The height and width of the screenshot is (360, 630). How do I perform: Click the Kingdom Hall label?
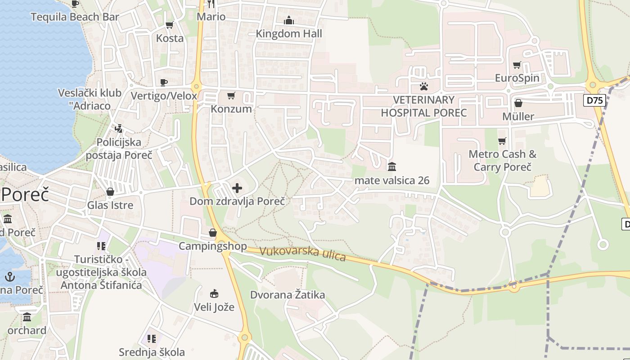[289, 33]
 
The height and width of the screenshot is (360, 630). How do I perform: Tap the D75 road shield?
[595, 100]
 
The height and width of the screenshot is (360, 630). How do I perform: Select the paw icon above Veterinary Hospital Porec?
[423, 86]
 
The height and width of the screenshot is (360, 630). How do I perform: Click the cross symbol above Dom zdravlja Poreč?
[237, 188]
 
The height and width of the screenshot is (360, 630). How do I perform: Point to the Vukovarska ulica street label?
[302, 254]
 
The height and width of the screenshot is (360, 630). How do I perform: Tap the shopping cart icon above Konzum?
[231, 95]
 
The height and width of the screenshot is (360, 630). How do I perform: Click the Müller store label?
[518, 117]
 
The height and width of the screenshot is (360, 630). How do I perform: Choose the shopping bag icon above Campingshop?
[213, 233]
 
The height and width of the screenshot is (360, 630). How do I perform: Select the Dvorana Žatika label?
[288, 295]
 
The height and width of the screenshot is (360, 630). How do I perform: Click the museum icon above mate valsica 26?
[392, 167]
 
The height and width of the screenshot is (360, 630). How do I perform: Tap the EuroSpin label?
[517, 78]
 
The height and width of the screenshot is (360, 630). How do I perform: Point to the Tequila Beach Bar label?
[75, 17]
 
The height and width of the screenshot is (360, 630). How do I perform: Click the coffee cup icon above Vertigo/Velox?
[164, 82]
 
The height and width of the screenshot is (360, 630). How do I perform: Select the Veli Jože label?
[214, 307]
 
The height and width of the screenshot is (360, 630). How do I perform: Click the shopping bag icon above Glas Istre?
[110, 192]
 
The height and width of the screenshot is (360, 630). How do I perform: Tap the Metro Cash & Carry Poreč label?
[502, 161]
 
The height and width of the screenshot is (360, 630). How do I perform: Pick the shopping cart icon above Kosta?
[170, 25]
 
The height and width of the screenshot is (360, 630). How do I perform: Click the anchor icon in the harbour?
[10, 276]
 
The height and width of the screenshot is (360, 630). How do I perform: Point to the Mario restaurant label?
[211, 17]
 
